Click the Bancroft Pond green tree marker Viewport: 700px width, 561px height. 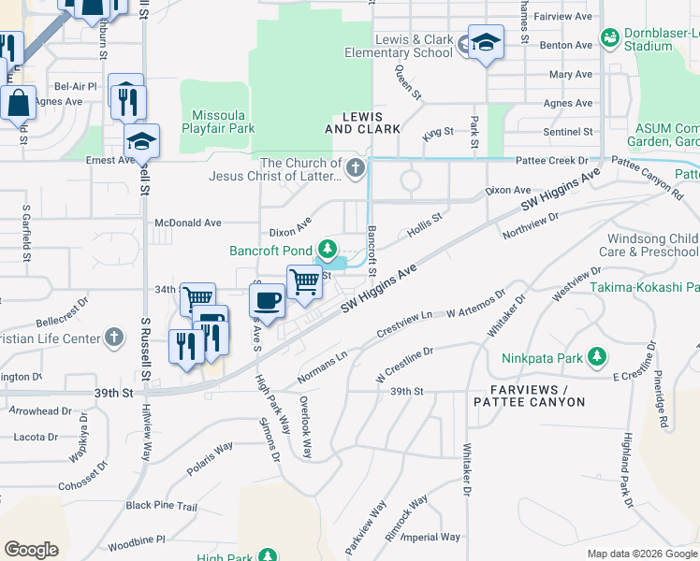(x=328, y=249)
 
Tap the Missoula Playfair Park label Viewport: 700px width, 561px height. (x=218, y=120)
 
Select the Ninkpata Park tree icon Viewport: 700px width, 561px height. (x=596, y=356)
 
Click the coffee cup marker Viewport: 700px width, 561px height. (x=267, y=300)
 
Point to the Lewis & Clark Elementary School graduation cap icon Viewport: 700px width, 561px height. (x=486, y=42)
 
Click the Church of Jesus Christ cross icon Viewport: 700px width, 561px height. (x=354, y=169)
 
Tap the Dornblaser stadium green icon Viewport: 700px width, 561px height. (x=610, y=38)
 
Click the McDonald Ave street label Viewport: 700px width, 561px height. (x=187, y=223)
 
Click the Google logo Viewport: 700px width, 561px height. (x=31, y=550)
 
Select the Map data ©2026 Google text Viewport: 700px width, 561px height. (x=641, y=554)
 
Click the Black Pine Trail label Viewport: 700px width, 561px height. (x=162, y=506)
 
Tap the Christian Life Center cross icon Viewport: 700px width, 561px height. (x=113, y=337)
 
